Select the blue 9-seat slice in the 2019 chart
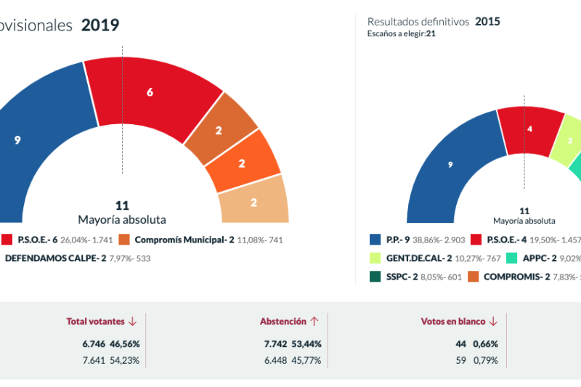[29, 138]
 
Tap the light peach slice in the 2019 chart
[253, 203]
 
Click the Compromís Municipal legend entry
[185, 240]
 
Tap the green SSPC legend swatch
[375, 276]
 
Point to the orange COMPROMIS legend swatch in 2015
[473, 276]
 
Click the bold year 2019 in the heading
[100, 25]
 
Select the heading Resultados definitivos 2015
[434, 22]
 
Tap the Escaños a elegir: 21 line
[402, 33]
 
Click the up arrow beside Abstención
[314, 322]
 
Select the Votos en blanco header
[455, 322]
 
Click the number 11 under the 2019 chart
[122, 205]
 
